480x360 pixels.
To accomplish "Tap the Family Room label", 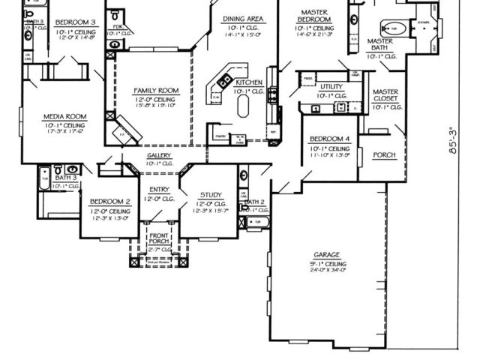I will [x=154, y=90].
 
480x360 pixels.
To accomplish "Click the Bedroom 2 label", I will [x=110, y=202].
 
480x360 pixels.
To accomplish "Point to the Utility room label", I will [x=331, y=87].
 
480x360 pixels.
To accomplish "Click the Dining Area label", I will [x=242, y=18].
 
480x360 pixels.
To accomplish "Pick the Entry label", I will [x=160, y=190].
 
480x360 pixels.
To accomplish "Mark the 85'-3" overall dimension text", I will [x=453, y=139].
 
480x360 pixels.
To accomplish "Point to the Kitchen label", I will [x=249, y=82].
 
